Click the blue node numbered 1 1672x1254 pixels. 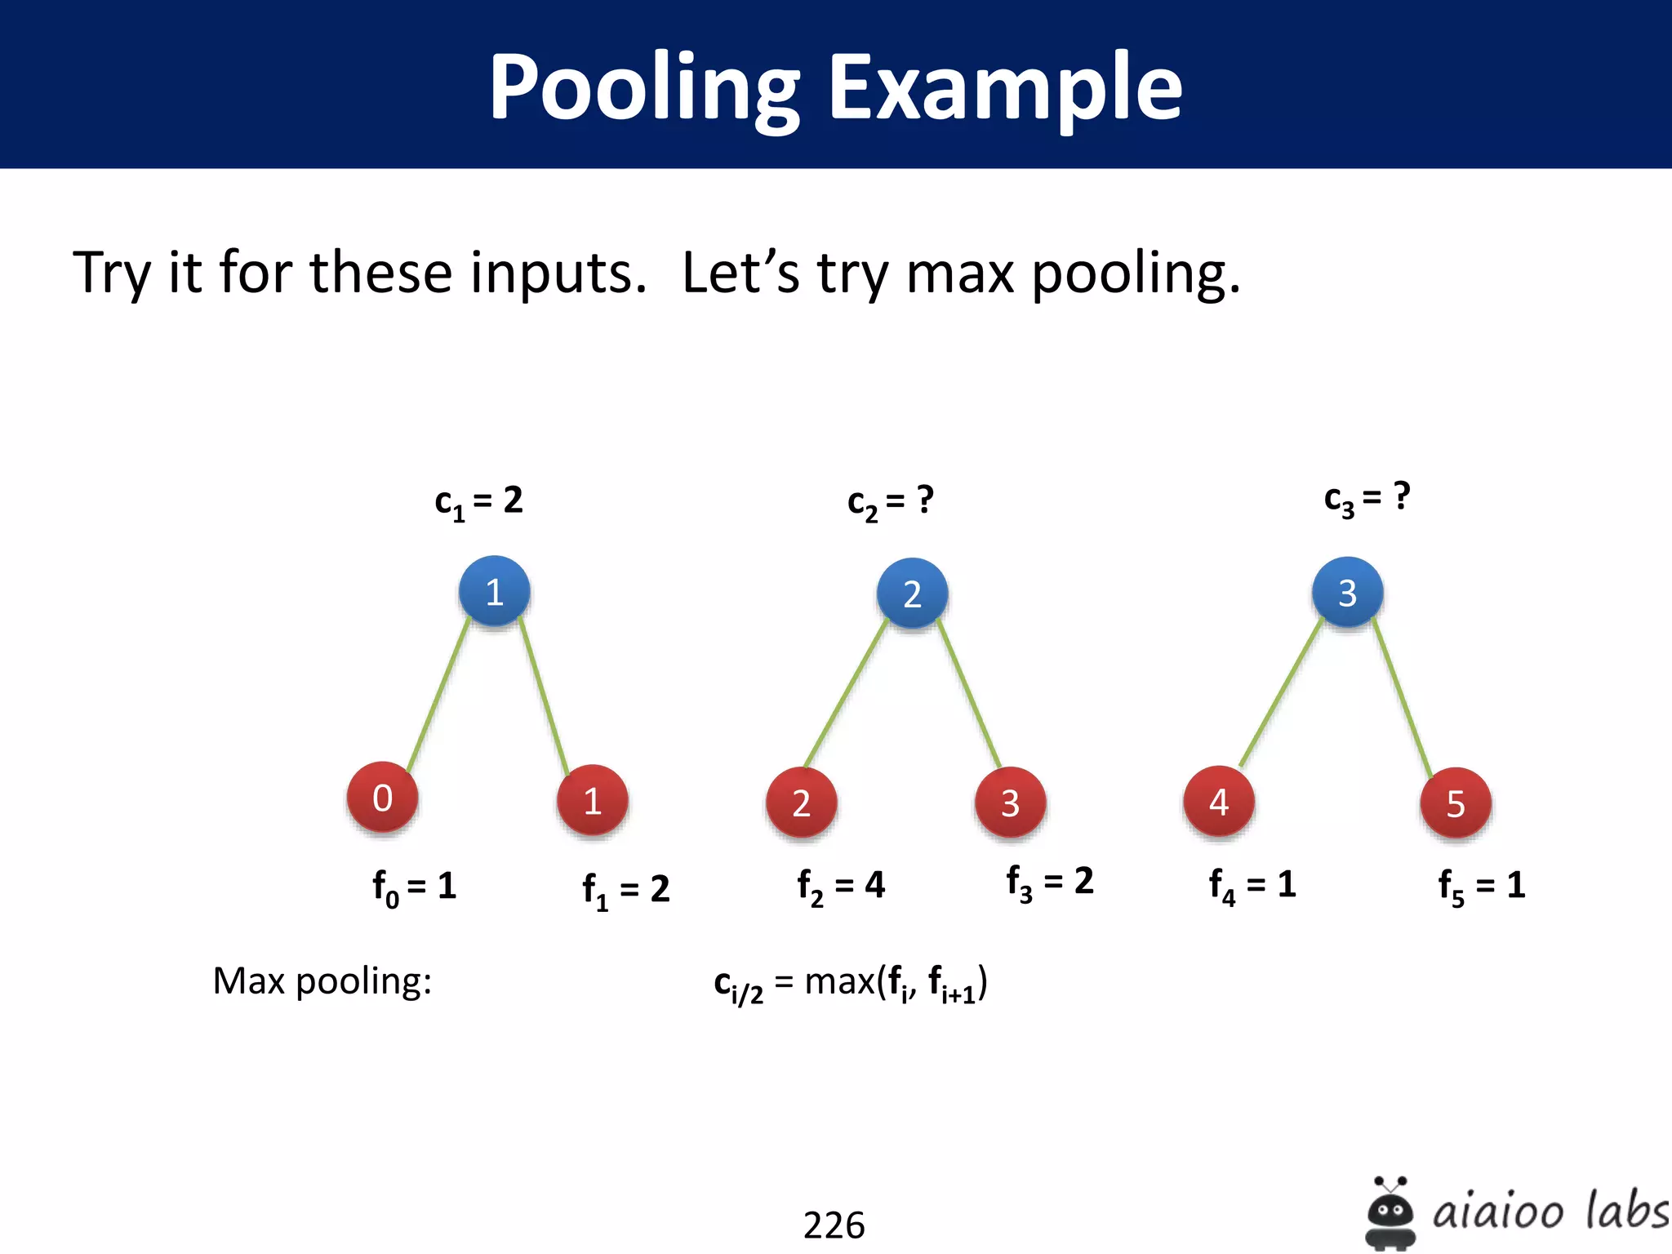(494, 591)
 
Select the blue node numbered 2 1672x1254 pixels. (912, 594)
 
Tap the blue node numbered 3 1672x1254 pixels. (1347, 592)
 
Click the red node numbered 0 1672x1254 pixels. (382, 798)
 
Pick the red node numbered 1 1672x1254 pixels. (592, 801)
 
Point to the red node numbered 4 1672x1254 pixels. (1218, 802)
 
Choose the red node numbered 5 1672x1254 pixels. (1455, 803)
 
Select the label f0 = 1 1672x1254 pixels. (414, 887)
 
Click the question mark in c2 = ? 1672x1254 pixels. (925, 499)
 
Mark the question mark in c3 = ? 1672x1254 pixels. (1402, 496)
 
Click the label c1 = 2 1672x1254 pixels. (478, 501)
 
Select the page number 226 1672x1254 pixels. (834, 1225)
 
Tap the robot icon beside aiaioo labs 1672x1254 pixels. (1390, 1212)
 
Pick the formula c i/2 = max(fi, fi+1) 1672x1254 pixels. (850, 983)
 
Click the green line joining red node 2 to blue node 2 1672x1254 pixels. (846, 695)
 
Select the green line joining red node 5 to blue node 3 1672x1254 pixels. (1403, 699)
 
